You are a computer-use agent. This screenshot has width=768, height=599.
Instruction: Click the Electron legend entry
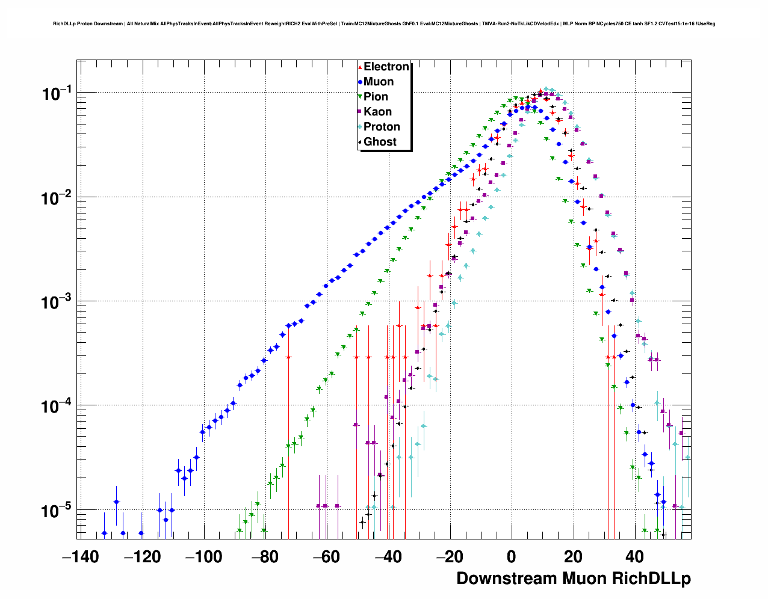pos(386,67)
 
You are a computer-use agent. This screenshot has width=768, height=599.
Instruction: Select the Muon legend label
pos(379,82)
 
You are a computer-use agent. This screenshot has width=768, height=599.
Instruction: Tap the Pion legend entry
pos(376,97)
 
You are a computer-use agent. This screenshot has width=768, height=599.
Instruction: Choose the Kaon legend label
pos(377,112)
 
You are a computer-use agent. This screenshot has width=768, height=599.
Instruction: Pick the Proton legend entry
pos(382,127)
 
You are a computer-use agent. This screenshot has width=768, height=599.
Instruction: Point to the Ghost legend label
pos(380,142)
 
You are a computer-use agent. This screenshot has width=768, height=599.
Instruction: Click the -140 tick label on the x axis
pos(80,557)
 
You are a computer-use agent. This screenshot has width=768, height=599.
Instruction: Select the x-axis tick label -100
pos(203,557)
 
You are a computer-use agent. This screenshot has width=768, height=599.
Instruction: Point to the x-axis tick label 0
pos(511,557)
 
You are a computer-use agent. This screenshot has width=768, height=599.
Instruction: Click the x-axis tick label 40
pos(634,557)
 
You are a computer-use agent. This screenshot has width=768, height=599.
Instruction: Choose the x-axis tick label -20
pos(450,557)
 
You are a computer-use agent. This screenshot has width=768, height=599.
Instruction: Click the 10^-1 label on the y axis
pos(56,94)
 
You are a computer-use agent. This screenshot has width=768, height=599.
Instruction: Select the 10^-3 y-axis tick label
pos(56,302)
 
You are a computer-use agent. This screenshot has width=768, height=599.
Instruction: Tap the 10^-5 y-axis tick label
pos(56,511)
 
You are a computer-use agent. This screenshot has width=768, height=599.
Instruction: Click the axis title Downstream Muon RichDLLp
pos(573,579)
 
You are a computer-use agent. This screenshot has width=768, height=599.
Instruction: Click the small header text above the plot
pos(384,23)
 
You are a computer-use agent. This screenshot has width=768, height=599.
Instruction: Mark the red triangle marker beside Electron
pos(360,67)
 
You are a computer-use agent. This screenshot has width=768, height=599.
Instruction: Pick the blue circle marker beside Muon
pos(360,82)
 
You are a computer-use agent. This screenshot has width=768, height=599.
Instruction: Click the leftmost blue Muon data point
pos(104,533)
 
